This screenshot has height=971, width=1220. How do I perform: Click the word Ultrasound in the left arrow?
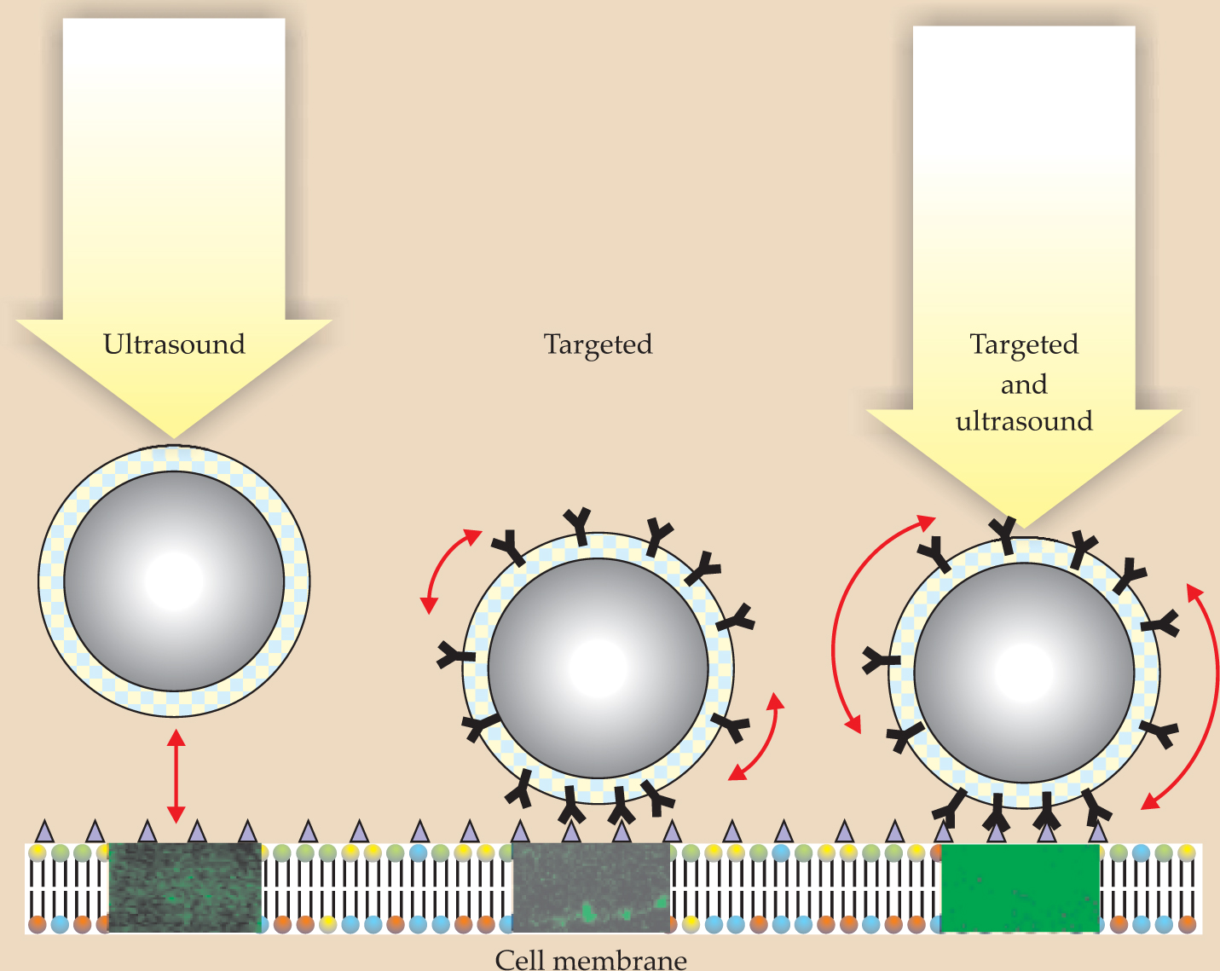[x=174, y=344]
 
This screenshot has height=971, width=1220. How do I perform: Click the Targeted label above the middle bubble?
[x=598, y=344]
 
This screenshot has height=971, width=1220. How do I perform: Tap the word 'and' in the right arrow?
[x=1023, y=384]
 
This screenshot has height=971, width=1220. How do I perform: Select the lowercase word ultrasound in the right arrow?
[x=1023, y=421]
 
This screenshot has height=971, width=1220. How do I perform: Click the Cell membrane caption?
[x=590, y=960]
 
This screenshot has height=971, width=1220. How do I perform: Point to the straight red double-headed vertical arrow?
[x=176, y=776]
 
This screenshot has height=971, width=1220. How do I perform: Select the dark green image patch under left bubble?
[x=185, y=887]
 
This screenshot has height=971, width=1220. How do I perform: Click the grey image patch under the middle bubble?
[x=591, y=887]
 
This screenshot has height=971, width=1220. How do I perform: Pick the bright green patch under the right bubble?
[x=1020, y=887]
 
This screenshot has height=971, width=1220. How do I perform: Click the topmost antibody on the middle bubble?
[x=579, y=524]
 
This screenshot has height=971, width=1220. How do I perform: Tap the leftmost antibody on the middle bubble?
[x=454, y=656]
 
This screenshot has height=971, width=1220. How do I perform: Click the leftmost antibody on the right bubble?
[x=880, y=661]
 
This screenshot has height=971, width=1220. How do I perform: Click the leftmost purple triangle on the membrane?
[x=43, y=831]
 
